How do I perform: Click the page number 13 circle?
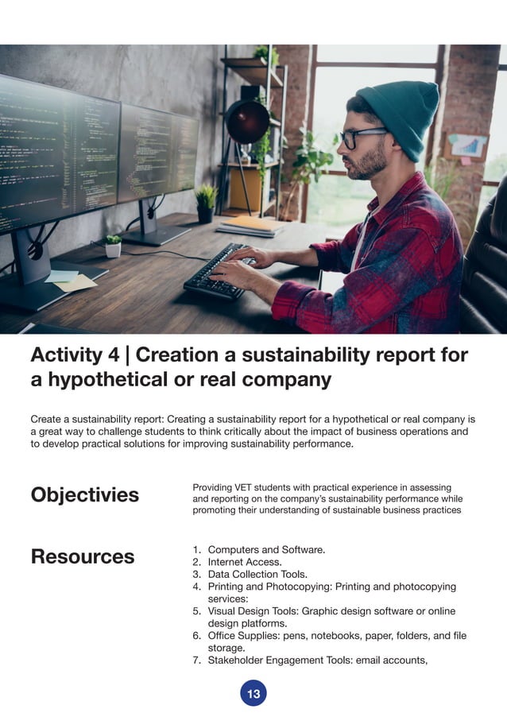[253, 694]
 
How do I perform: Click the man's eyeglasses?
[362, 137]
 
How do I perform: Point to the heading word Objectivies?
[84, 495]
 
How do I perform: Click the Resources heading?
[83, 556]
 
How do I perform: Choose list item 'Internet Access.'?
[244, 562]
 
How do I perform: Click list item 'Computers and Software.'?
[266, 549]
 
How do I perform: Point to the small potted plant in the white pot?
[113, 246]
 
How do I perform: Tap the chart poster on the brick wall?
[467, 145]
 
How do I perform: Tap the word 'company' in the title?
[285, 380]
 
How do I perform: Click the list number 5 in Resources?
[196, 611]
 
